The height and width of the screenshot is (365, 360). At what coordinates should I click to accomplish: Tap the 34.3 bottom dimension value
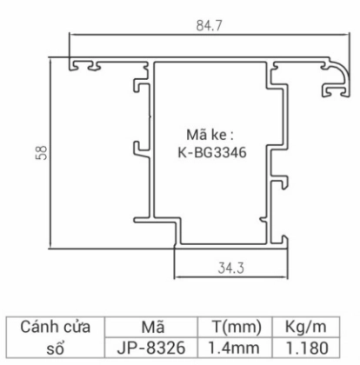coord(220,263)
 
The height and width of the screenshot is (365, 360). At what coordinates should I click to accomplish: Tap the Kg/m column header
coord(304,326)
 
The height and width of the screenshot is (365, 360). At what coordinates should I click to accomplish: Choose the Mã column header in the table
coord(150,326)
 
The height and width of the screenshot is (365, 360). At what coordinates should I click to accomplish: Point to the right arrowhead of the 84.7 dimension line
coord(343,36)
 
